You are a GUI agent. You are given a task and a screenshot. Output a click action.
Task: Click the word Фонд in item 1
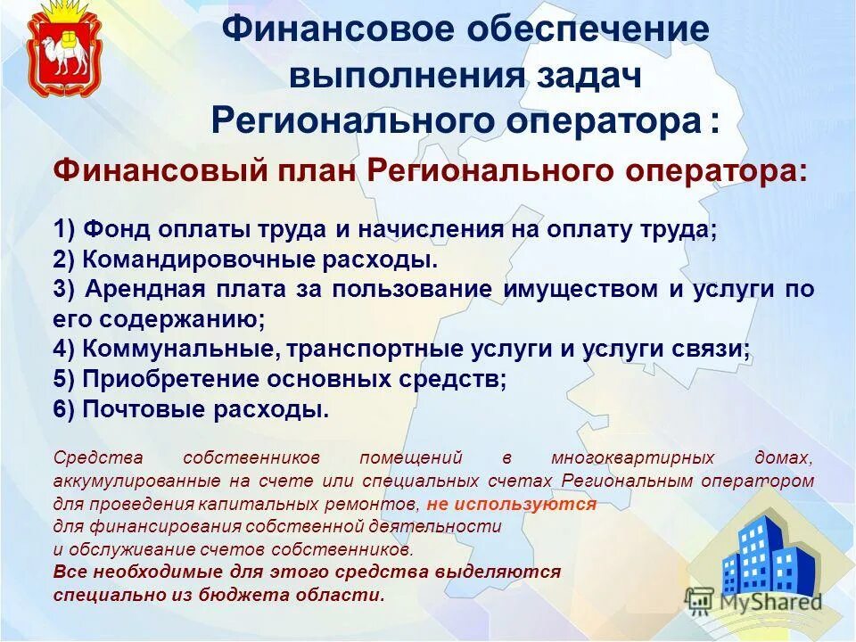(x=116, y=228)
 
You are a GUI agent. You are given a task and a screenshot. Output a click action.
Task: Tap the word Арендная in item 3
(x=137, y=290)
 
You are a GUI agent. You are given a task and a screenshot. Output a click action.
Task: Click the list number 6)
(x=65, y=409)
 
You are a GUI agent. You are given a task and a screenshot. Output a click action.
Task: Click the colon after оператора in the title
(x=715, y=124)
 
